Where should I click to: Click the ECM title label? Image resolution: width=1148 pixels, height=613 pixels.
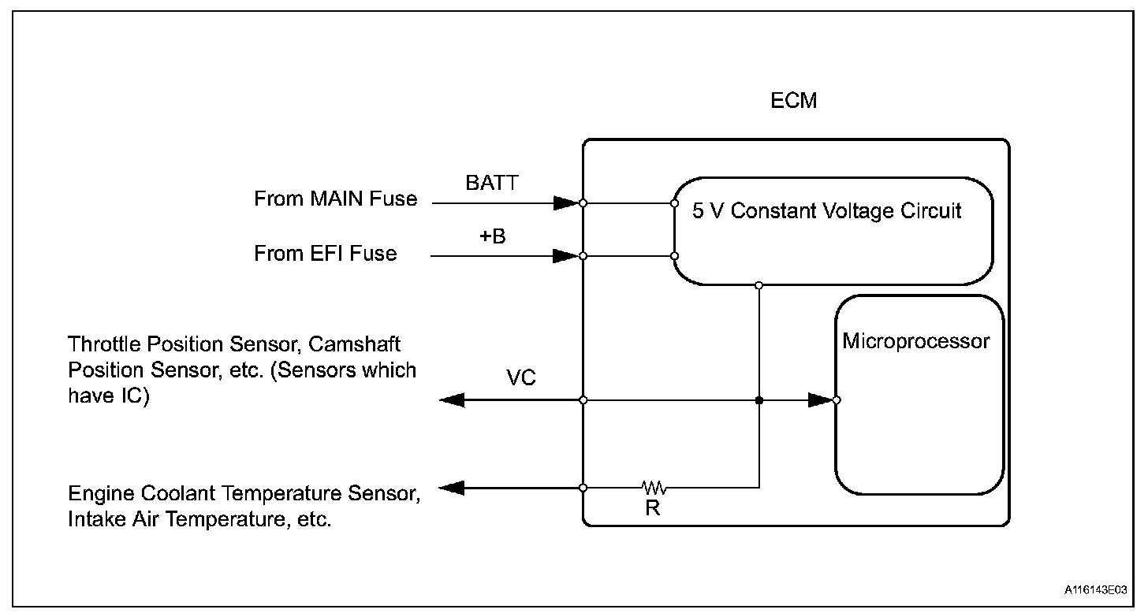(793, 100)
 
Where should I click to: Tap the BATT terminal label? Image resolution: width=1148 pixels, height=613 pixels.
(492, 183)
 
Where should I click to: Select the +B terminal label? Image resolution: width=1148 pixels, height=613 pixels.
(493, 236)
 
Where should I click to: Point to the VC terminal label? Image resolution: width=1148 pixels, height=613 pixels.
(520, 378)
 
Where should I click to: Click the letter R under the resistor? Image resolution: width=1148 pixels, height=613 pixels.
(652, 508)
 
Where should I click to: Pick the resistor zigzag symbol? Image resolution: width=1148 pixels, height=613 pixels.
(654, 488)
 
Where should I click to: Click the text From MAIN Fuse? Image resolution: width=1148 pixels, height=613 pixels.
(336, 199)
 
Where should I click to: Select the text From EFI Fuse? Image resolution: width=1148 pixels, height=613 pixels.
(326, 254)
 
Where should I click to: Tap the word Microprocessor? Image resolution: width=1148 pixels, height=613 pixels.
(916, 342)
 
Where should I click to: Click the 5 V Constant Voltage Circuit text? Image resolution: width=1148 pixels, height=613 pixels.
(826, 211)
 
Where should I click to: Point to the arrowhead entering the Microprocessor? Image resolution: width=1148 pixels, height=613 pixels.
(820, 400)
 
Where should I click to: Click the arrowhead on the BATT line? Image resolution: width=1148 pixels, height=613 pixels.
(566, 203)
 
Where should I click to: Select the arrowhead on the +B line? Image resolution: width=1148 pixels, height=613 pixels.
(566, 256)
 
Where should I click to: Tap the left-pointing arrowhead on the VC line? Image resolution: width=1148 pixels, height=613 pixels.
(452, 400)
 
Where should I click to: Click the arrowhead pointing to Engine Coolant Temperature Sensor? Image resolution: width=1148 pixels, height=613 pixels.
(452, 488)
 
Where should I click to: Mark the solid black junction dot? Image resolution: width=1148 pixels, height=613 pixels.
(759, 400)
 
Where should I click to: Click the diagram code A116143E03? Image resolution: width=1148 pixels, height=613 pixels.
(1095, 589)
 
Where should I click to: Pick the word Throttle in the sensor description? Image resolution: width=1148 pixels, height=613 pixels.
(104, 344)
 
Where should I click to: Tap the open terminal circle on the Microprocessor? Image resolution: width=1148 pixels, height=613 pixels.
(837, 400)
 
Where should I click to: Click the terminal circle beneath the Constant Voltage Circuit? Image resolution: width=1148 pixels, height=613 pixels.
(759, 285)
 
